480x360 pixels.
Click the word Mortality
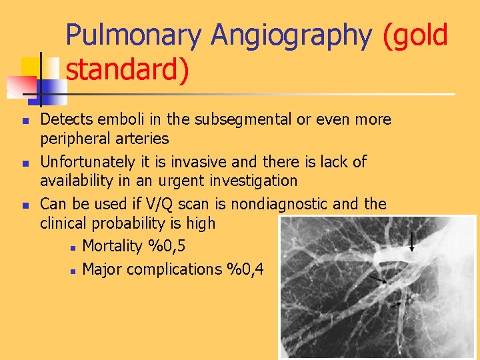point(112,247)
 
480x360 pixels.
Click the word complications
point(176,269)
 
